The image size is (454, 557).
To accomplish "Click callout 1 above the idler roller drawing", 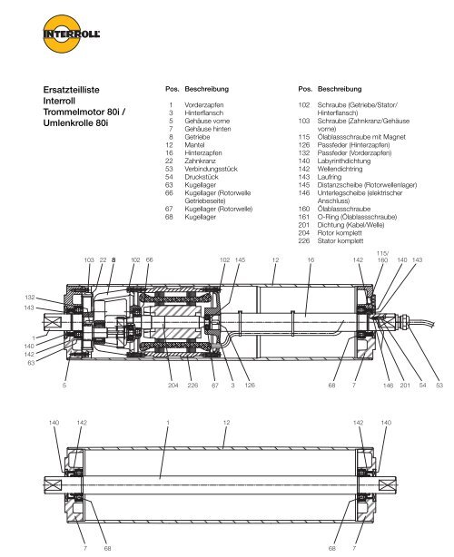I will (168, 422).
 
